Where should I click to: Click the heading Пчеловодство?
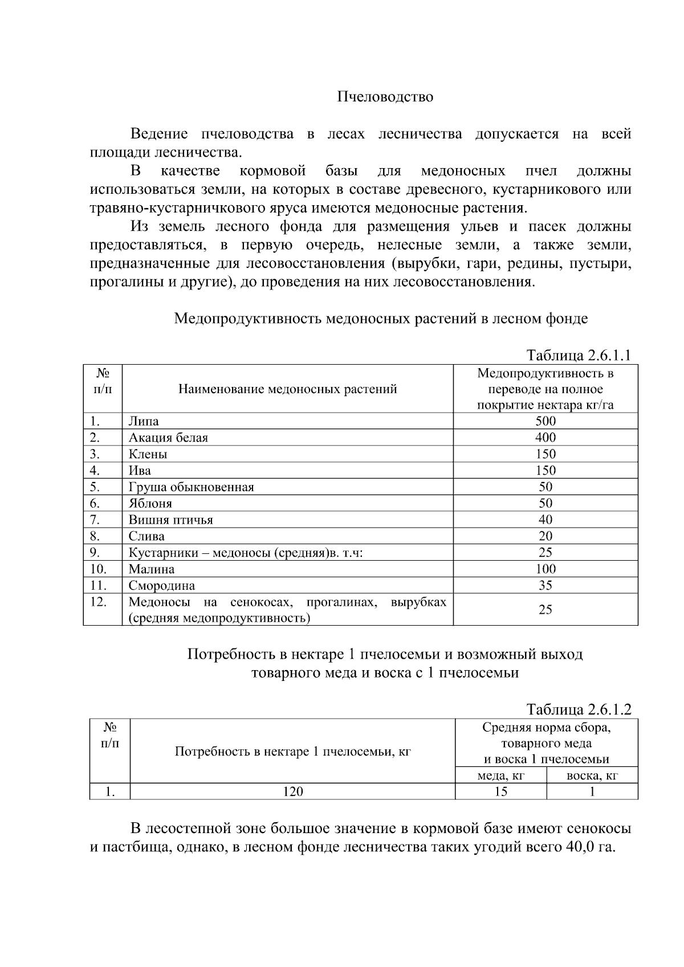[385, 97]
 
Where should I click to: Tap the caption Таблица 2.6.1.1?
[579, 355]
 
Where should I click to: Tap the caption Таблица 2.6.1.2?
[579, 709]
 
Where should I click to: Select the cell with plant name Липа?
[144, 421]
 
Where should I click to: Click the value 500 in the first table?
[545, 421]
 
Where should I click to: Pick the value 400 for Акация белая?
[545, 438]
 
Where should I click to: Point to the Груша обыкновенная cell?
[191, 487]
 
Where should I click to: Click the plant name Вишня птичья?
[170, 520]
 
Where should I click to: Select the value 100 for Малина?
[545, 569]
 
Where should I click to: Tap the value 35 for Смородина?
[545, 585]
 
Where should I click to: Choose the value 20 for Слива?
[545, 536]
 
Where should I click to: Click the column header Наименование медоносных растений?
[288, 389]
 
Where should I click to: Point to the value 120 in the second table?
[293, 791]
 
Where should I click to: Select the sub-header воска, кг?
[592, 776]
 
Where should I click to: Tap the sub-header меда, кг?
[500, 776]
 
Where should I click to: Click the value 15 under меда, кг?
[500, 791]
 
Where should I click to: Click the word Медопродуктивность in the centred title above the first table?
[248, 318]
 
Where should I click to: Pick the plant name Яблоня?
[150, 503]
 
